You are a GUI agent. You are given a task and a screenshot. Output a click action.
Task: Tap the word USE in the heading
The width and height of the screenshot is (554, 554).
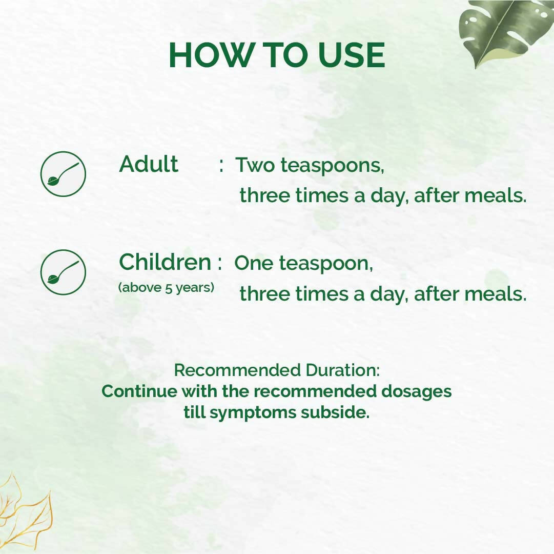pyautogui.click(x=351, y=55)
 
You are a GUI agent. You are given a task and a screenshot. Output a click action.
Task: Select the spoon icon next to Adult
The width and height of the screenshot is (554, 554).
pyautogui.click(x=63, y=174)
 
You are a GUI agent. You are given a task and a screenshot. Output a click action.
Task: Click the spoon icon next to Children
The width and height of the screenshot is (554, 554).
pyautogui.click(x=63, y=272)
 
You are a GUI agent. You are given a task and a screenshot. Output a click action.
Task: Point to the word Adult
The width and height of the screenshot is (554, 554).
pyautogui.click(x=149, y=165)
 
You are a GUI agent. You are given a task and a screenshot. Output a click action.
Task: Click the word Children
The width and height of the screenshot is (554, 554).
pyautogui.click(x=165, y=263)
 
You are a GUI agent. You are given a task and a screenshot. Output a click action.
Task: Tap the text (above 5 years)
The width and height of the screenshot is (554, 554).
pyautogui.click(x=166, y=288)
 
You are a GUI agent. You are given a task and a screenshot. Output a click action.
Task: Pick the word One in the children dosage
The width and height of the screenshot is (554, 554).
pyautogui.click(x=255, y=264)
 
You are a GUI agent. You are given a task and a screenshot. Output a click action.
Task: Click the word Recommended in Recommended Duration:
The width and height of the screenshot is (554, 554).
pyautogui.click(x=237, y=370)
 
